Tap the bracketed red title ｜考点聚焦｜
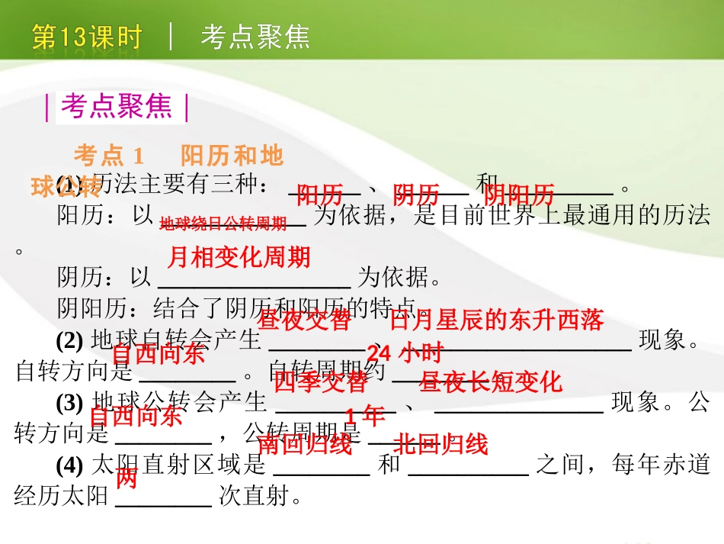(117, 108)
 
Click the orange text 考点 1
(110, 156)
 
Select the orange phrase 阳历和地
(232, 156)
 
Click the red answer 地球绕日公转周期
(223, 224)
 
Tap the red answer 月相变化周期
(239, 257)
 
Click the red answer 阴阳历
(519, 195)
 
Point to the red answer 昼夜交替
(306, 320)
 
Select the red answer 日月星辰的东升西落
(496, 320)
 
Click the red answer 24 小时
(405, 353)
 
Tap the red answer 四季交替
(320, 381)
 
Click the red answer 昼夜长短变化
(491, 381)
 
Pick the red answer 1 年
(365, 416)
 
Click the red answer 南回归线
(306, 444)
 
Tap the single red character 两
(127, 478)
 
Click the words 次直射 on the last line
(251, 497)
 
